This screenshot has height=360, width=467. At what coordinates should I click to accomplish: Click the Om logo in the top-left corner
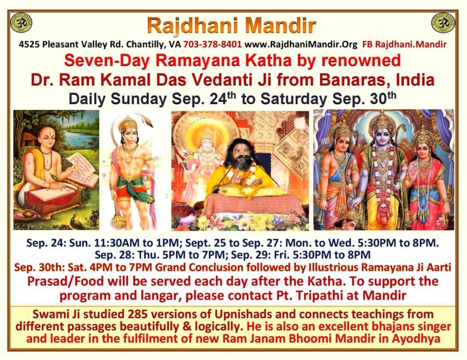click(21, 22)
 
